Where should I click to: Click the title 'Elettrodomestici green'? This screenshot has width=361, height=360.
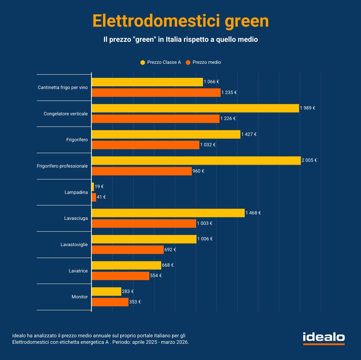tap(180, 21)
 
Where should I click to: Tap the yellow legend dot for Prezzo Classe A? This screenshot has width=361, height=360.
tap(143, 62)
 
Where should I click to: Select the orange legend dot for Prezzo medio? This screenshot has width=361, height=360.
tap(188, 62)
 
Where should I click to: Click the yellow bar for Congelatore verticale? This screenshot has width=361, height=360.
tap(195, 108)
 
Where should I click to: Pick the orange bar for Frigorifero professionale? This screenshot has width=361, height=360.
tap(141, 171)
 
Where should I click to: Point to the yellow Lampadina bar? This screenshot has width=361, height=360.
tap(93, 187)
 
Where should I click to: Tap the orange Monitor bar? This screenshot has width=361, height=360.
tap(110, 302)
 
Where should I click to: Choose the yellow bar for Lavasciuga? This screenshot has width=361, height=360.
tap(168, 213)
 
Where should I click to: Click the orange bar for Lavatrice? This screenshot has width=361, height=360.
tap(120, 276)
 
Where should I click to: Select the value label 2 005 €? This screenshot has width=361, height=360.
tap(309, 160)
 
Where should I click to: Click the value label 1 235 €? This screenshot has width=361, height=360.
tap(229, 93)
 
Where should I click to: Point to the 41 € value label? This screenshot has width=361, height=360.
tap(101, 197)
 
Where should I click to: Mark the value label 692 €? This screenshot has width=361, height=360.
tap(170, 249)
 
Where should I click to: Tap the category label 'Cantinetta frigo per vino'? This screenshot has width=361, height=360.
tap(63, 88)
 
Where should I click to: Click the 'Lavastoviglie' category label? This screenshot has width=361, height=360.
tap(74, 245)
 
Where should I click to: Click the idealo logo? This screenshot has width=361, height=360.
tap(324, 338)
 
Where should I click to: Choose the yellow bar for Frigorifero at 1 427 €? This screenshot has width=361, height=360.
tap(166, 134)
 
